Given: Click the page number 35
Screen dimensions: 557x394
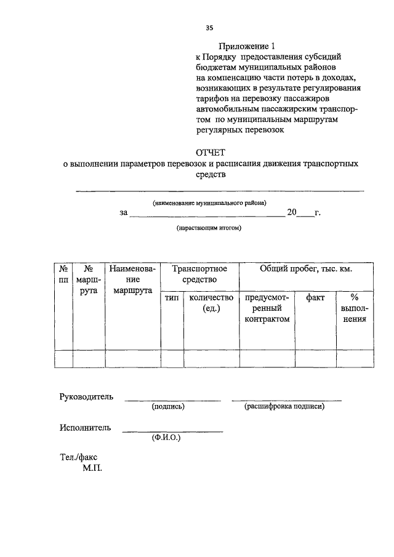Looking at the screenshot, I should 209,28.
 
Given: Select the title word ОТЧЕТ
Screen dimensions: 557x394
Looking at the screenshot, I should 211,152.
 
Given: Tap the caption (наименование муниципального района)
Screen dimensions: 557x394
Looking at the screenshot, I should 209,202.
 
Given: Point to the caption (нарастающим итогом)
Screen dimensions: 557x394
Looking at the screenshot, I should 209,228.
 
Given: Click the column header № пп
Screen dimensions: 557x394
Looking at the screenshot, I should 63,274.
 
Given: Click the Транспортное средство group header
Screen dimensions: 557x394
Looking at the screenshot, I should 199,274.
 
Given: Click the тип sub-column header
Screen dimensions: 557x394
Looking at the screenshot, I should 172,297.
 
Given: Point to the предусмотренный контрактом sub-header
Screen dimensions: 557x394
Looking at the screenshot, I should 267,308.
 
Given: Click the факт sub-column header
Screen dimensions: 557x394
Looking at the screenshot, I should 315,297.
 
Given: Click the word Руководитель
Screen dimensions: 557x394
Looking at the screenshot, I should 87,396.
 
